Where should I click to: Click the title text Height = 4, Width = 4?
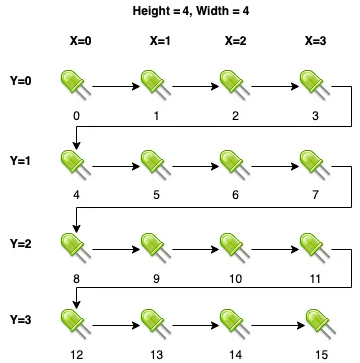(x=190, y=11)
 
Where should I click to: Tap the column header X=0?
(x=81, y=41)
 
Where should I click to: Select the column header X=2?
(x=235, y=41)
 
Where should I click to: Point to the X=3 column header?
(x=315, y=41)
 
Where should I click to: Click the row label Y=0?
(x=21, y=81)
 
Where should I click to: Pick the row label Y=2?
(x=21, y=244)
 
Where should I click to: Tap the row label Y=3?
(x=21, y=320)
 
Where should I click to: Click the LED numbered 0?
(x=76, y=85)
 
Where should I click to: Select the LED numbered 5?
(x=156, y=165)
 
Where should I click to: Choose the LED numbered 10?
(x=235, y=248)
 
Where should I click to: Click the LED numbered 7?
(x=315, y=165)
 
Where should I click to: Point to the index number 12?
(x=77, y=355)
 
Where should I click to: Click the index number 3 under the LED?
(x=315, y=116)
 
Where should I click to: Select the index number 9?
(x=156, y=279)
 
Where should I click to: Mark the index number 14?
(x=235, y=355)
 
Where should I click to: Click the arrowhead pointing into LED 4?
(x=77, y=146)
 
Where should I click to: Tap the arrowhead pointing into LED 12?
(x=77, y=304)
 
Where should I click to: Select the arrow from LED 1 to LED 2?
(x=195, y=87)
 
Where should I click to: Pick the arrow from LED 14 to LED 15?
(x=278, y=326)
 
